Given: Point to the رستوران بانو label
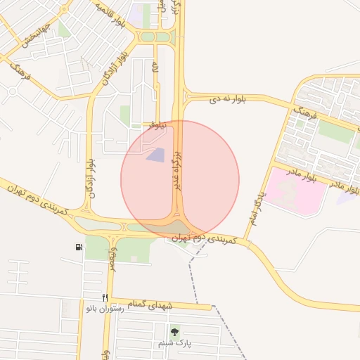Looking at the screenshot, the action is click(105, 308).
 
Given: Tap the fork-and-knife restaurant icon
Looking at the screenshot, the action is click(105, 297).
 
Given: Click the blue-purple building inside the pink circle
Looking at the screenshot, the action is click(155, 155).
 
